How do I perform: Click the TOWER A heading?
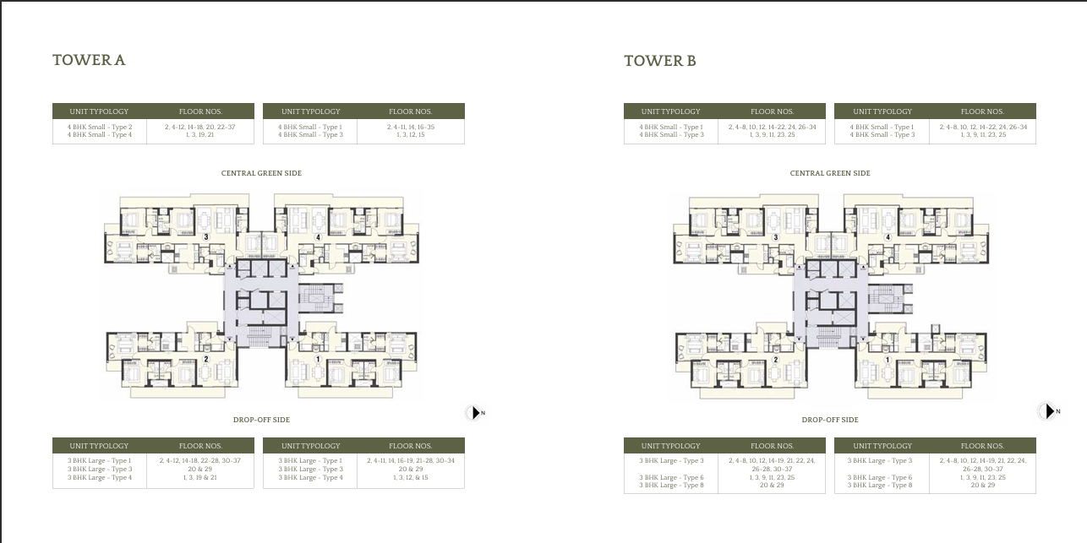pyautogui.click(x=89, y=60)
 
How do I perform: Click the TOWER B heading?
pyautogui.click(x=659, y=61)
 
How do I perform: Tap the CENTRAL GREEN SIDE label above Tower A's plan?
pyautogui.click(x=261, y=173)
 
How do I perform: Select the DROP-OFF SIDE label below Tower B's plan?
pyautogui.click(x=830, y=420)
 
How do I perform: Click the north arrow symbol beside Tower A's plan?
pyautogui.click(x=475, y=412)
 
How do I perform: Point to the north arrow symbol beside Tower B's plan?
pyautogui.click(x=1047, y=411)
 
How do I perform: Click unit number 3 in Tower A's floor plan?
pyautogui.click(x=205, y=237)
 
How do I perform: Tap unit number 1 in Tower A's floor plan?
pyautogui.click(x=318, y=359)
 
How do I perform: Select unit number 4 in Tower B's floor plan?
pyautogui.click(x=888, y=237)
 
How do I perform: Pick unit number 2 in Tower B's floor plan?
pyautogui.click(x=775, y=360)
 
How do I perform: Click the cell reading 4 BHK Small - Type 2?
pyautogui.click(x=100, y=127)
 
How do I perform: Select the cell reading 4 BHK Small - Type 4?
pyautogui.click(x=100, y=135)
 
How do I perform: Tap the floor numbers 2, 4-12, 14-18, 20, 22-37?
pyautogui.click(x=199, y=127)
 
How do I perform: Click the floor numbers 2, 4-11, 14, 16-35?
pyautogui.click(x=410, y=127)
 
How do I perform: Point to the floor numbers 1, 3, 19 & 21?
pyautogui.click(x=199, y=478)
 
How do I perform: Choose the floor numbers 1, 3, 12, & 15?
pyautogui.click(x=410, y=478)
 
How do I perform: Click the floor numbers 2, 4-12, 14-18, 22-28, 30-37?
pyautogui.click(x=199, y=461)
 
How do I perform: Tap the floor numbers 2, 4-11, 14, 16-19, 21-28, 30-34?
pyautogui.click(x=410, y=461)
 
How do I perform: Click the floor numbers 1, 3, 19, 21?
pyautogui.click(x=199, y=135)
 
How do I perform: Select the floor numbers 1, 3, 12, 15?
pyautogui.click(x=410, y=135)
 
